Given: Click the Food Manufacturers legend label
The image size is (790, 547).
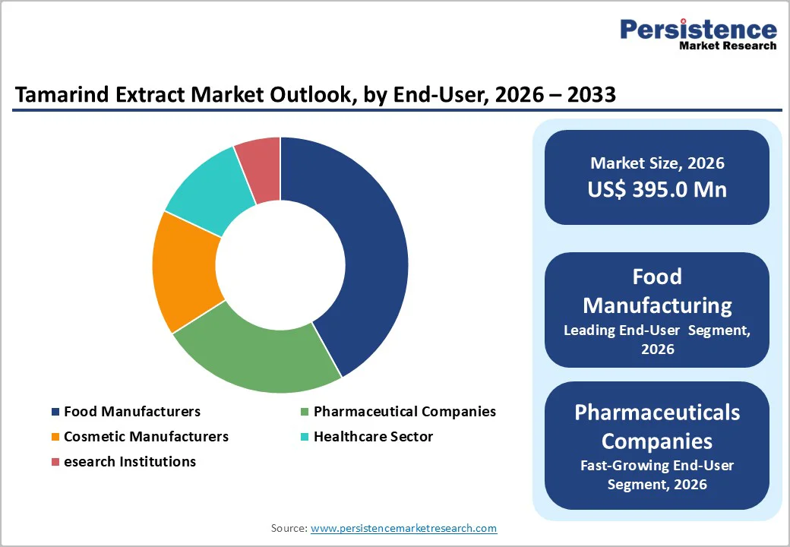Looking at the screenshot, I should [132, 412].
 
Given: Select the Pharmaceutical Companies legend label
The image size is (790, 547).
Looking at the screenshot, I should [404, 412].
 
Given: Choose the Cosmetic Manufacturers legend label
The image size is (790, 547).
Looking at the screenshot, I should [146, 437].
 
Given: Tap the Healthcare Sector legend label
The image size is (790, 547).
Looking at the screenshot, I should [373, 437].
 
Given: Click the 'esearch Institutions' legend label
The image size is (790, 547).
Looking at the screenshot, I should [130, 462].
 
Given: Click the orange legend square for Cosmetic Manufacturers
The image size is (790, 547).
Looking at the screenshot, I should [55, 437].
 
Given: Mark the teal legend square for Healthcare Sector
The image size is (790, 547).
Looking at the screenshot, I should [305, 437].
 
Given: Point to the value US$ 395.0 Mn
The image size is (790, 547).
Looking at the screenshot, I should [657, 189].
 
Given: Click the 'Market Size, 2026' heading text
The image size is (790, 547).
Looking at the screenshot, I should [657, 163].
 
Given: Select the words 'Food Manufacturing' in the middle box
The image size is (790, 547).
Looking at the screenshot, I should [657, 291].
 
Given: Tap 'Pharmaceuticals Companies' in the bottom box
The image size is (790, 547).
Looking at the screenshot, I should [657, 426].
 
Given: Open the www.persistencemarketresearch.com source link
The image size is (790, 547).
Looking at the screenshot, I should [403, 528].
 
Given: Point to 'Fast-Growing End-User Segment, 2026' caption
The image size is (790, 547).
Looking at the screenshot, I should [657, 475].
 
